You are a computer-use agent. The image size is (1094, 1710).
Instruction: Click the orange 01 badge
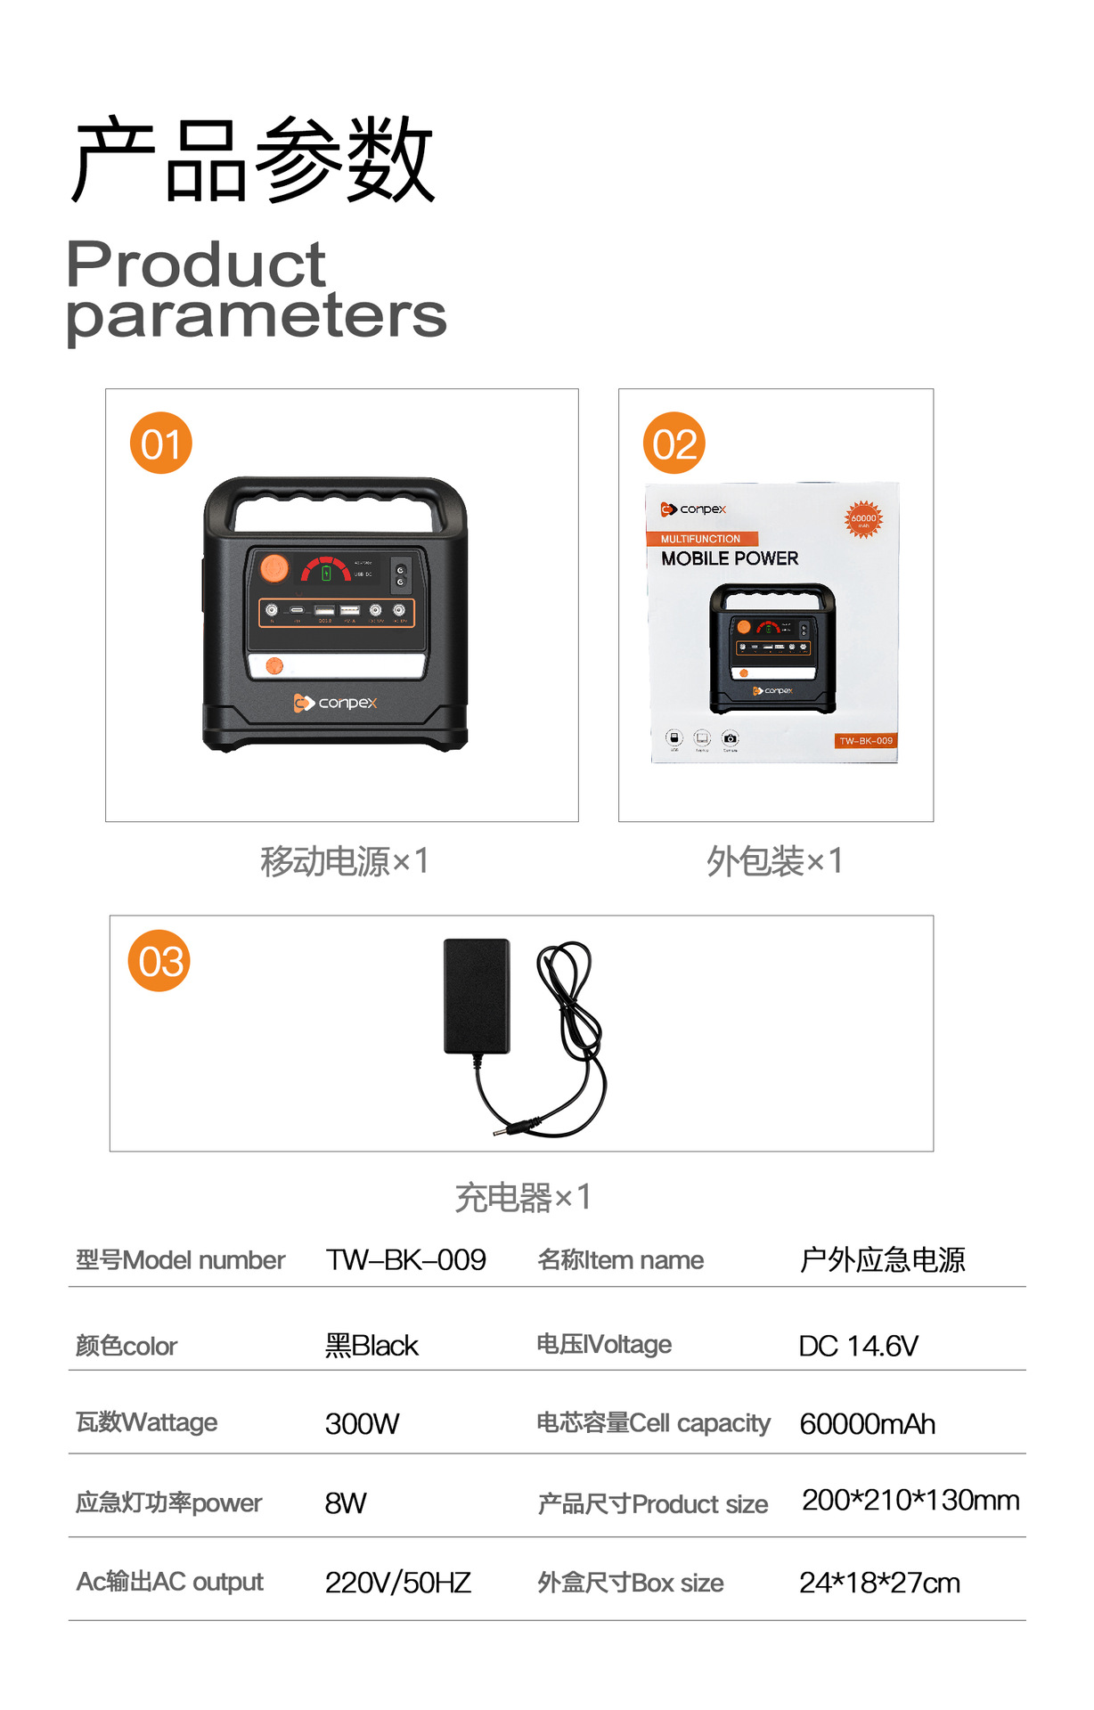(x=161, y=444)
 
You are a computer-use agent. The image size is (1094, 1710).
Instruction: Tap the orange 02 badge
(x=674, y=444)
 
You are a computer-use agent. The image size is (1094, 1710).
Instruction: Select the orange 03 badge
(x=159, y=961)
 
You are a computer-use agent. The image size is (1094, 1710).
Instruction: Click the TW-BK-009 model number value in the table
(x=405, y=1259)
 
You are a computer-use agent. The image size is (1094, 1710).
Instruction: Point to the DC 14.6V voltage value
(x=858, y=1345)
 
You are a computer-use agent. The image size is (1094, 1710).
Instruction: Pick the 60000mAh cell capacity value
(x=867, y=1423)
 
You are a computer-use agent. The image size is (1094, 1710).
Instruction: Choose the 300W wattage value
(x=362, y=1423)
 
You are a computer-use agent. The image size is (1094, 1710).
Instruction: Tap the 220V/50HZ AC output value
(x=397, y=1582)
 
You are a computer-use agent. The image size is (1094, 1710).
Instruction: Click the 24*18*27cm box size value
(x=879, y=1582)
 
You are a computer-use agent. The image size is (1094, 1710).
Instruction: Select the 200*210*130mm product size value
(x=910, y=1500)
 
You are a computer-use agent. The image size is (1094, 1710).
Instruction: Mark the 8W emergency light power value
(x=346, y=1502)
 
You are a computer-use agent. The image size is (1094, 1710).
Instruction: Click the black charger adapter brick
(x=477, y=996)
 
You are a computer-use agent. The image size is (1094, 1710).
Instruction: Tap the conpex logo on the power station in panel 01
(x=336, y=703)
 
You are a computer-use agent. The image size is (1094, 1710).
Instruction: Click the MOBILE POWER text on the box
(x=730, y=558)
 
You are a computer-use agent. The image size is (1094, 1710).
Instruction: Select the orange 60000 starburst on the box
(x=863, y=518)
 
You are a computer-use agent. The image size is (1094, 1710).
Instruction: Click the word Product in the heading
(x=196, y=265)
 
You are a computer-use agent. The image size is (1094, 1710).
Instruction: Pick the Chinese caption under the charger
(x=522, y=1197)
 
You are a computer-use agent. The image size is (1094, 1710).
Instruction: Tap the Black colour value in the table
(x=371, y=1345)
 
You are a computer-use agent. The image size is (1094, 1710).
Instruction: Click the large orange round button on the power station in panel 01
(x=274, y=567)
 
